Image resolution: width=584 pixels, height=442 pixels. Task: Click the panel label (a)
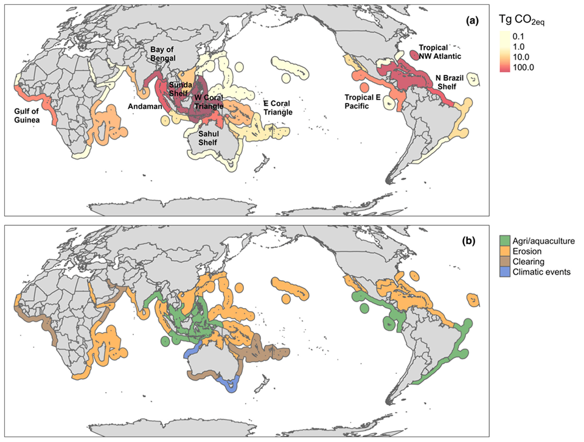(x=472, y=20)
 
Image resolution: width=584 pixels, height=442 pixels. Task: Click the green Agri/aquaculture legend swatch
(x=504, y=240)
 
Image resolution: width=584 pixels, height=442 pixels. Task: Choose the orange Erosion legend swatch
(x=504, y=251)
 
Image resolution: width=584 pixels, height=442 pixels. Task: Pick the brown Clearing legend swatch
(x=504, y=261)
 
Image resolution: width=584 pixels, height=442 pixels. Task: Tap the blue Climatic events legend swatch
(x=504, y=272)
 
